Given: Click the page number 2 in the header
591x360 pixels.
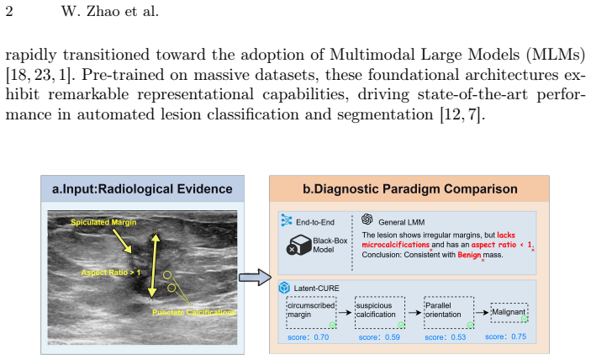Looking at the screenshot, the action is point(9,11).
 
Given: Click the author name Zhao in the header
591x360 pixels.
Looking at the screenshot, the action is point(103,11).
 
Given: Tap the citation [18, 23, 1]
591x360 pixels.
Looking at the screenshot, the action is point(39,75).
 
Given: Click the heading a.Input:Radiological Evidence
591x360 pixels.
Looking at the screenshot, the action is point(142,189).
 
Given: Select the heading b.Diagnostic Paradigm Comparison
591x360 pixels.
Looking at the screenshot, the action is point(409,189).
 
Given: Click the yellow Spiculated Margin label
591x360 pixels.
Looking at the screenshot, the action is point(103,222).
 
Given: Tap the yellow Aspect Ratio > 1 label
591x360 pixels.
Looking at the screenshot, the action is point(111,273).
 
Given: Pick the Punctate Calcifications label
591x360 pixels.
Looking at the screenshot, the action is point(194,313).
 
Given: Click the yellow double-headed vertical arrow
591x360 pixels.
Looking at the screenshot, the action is point(153,265).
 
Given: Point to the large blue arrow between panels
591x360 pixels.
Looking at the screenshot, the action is point(256,278).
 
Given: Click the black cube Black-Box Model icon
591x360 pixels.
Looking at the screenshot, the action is point(298,245).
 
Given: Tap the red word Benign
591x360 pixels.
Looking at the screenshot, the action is point(469,255).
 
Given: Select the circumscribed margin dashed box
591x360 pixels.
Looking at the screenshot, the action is point(311,312).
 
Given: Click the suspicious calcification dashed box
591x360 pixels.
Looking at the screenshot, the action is point(380,312).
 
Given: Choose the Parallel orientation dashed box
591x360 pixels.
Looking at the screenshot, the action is point(449,312).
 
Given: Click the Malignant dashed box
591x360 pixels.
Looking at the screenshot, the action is point(509,313).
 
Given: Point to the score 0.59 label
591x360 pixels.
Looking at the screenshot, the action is point(379,337).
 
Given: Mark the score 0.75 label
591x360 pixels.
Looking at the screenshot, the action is point(505,336).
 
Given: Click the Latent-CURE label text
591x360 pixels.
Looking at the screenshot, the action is point(316,289).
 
